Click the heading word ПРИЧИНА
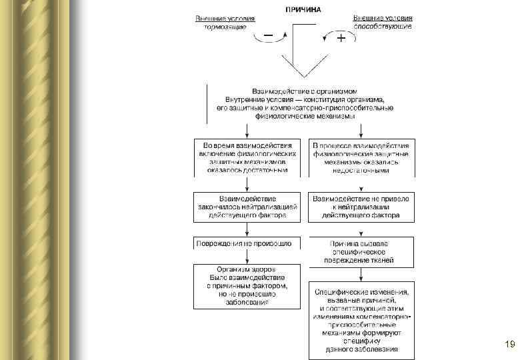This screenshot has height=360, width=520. point(303,9)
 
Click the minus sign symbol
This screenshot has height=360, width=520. point(268,34)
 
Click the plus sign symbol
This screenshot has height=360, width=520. point(341,39)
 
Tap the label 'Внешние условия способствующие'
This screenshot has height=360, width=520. point(382,21)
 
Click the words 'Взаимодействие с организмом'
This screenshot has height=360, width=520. point(305,90)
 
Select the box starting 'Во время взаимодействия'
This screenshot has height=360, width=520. point(247,157)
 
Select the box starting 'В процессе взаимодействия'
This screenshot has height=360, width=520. point(361,157)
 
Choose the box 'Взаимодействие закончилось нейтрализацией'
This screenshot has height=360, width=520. point(247,207)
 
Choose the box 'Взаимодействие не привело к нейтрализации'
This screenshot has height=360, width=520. point(361,207)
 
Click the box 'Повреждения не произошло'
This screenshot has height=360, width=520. point(247,244)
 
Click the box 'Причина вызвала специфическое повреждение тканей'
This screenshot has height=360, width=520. point(361,252)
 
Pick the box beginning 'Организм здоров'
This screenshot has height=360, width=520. point(247,285)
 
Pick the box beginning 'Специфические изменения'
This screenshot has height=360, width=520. point(361,320)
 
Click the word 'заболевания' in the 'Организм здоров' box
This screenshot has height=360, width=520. point(247,302)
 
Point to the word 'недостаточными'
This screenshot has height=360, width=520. point(361,170)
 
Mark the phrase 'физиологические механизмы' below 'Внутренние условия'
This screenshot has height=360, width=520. point(305,116)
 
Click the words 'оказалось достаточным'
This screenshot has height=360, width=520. point(247,170)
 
